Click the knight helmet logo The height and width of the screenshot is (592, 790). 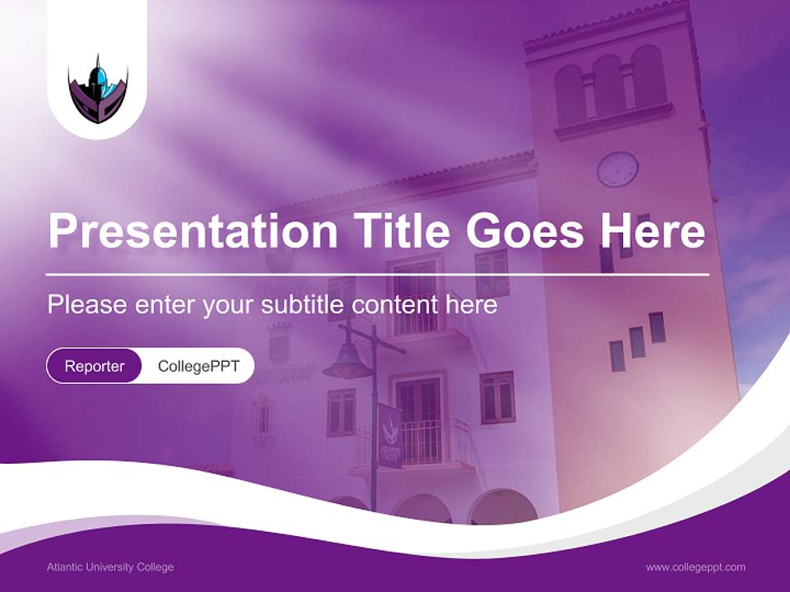point(97,89)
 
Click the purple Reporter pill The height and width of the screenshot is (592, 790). point(95,366)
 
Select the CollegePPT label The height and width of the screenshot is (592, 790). point(198,366)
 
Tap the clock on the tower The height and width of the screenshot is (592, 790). point(617,169)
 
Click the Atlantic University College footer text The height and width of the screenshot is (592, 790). point(110,567)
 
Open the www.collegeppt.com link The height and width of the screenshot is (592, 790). point(695,567)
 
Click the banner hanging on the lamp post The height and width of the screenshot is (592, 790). point(390,435)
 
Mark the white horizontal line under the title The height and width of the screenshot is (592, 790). point(377,274)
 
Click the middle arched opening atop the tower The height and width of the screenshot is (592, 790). point(609,86)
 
